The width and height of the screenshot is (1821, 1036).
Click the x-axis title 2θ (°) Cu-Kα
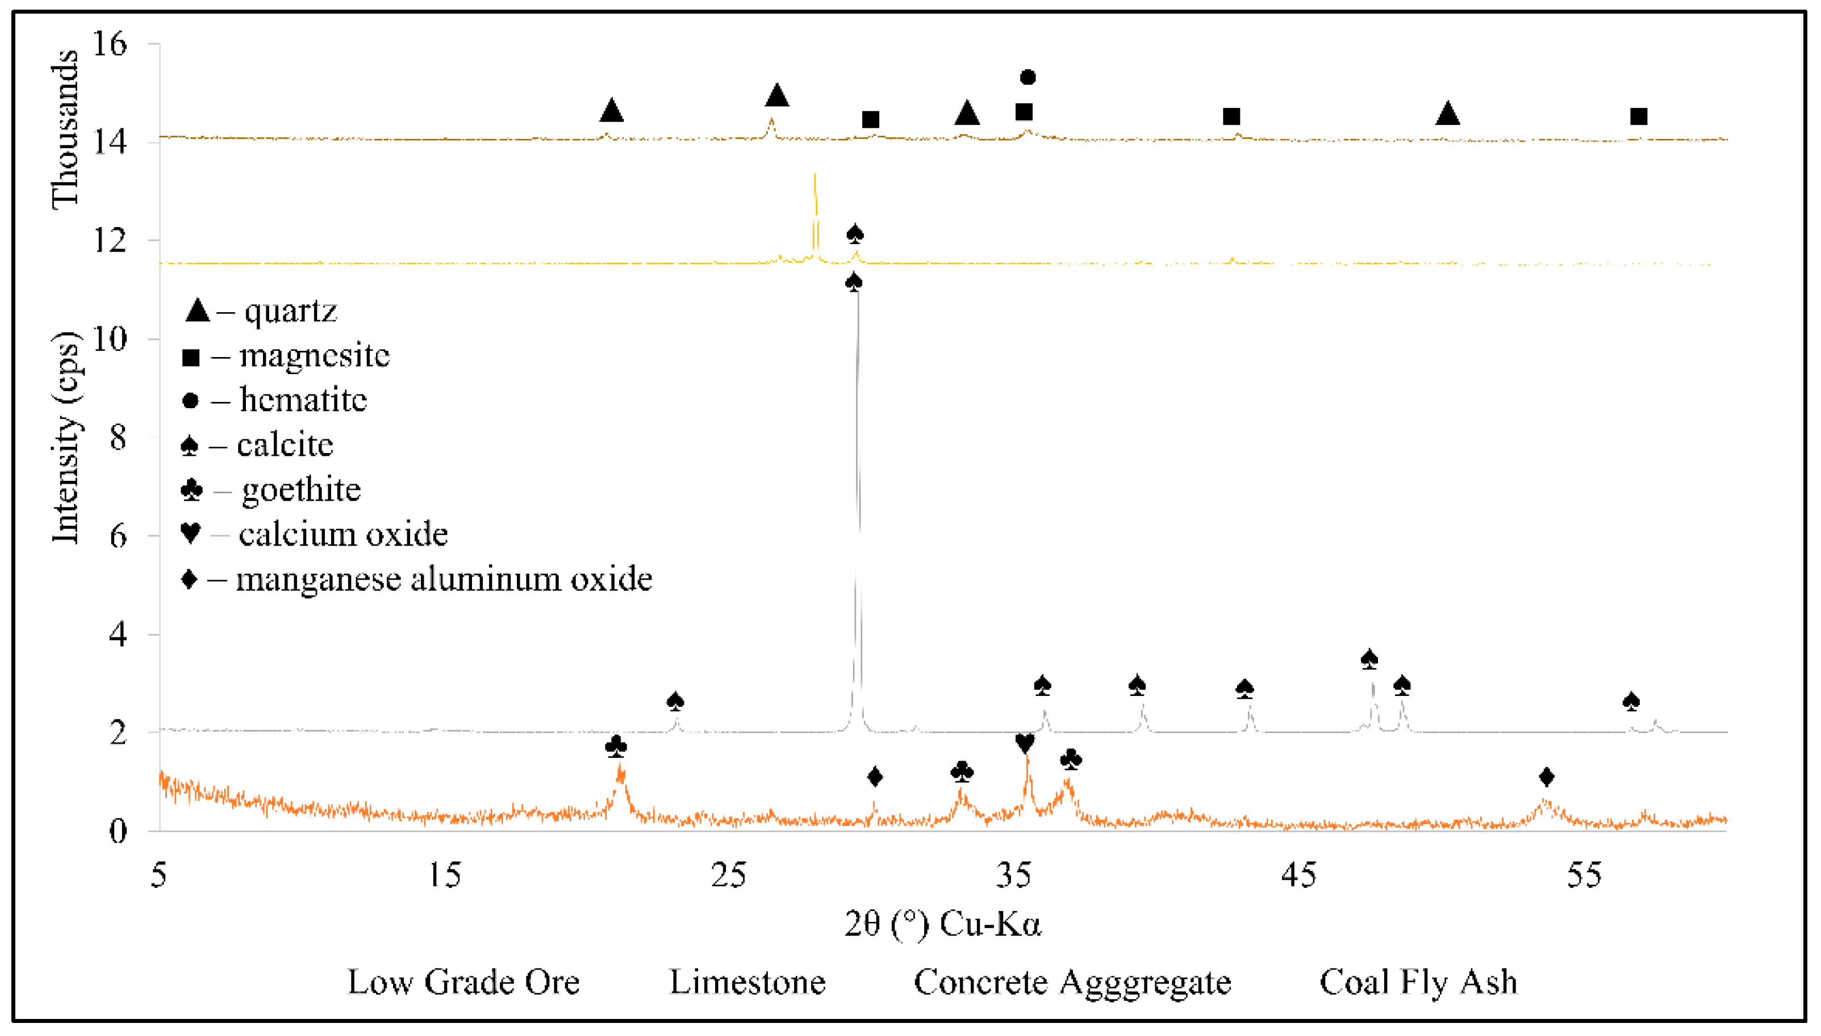tap(942, 924)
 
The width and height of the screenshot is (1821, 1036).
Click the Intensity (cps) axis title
tap(65, 437)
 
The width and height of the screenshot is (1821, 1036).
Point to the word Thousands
tap(65, 129)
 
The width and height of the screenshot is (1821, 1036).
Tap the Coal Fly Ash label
tap(1418, 982)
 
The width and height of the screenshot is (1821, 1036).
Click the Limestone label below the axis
tap(747, 982)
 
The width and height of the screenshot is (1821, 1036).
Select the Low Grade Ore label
tap(463, 982)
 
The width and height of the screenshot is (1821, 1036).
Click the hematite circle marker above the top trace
tap(1028, 77)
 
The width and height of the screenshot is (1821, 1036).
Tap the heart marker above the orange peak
tap(1025, 744)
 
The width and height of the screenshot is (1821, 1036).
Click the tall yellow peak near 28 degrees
tap(815, 175)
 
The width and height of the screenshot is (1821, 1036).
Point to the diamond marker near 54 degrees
tap(1546, 776)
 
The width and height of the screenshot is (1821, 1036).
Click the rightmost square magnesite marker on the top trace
tap(1639, 116)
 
